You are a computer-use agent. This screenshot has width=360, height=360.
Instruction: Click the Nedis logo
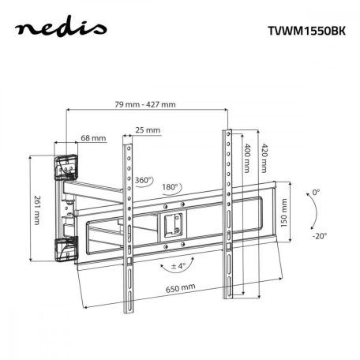pyautogui.click(x=64, y=32)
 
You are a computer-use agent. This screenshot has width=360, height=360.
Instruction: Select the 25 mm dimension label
pyautogui.click(x=147, y=130)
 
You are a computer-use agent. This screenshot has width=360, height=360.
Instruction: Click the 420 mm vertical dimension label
pyautogui.click(x=264, y=162)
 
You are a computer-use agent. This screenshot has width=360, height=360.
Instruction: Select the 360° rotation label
pyautogui.click(x=144, y=179)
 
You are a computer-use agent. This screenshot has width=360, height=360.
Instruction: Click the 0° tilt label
pyautogui.click(x=316, y=193)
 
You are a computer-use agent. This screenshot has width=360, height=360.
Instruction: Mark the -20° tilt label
pyautogui.click(x=317, y=235)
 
